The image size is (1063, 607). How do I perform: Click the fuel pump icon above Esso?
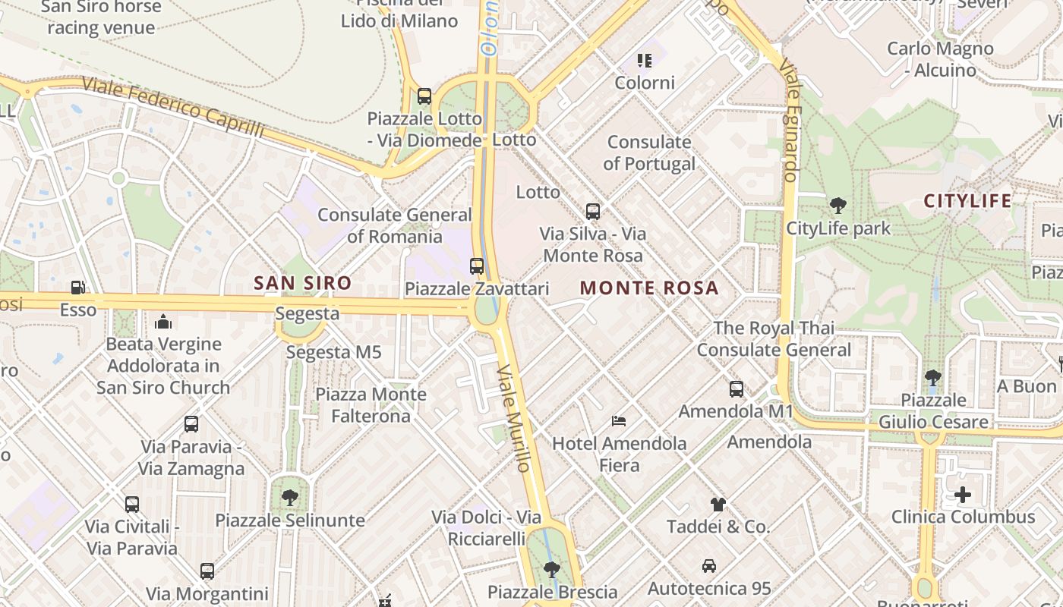coord(77,288)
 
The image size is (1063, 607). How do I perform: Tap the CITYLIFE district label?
coord(967,201)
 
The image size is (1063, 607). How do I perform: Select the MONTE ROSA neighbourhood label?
coord(649,288)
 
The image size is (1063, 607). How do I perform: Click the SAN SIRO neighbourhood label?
coord(302,284)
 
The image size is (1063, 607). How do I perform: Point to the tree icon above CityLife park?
coord(838,205)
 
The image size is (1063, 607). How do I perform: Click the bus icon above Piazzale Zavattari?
coord(477,266)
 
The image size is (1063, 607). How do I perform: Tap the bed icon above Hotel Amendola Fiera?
coord(619,420)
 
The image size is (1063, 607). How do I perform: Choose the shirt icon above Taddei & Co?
coord(718,504)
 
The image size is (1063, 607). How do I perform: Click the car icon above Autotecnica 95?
coord(708,566)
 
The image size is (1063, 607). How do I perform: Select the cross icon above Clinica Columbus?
coord(963,495)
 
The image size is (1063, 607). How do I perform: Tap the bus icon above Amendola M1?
coord(736,389)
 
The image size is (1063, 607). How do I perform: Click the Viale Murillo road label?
coord(515,417)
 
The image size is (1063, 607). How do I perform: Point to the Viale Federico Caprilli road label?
coord(173,108)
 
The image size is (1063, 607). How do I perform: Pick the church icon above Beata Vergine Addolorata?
coord(163,322)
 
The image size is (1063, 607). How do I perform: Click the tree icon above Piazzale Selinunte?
coord(289,498)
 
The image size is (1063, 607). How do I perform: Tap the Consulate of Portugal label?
coord(649,153)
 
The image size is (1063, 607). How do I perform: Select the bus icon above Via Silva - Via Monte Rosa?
coord(593,212)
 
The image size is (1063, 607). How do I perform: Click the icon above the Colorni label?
coord(645,61)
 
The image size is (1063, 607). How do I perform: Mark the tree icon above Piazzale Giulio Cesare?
coord(933,377)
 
